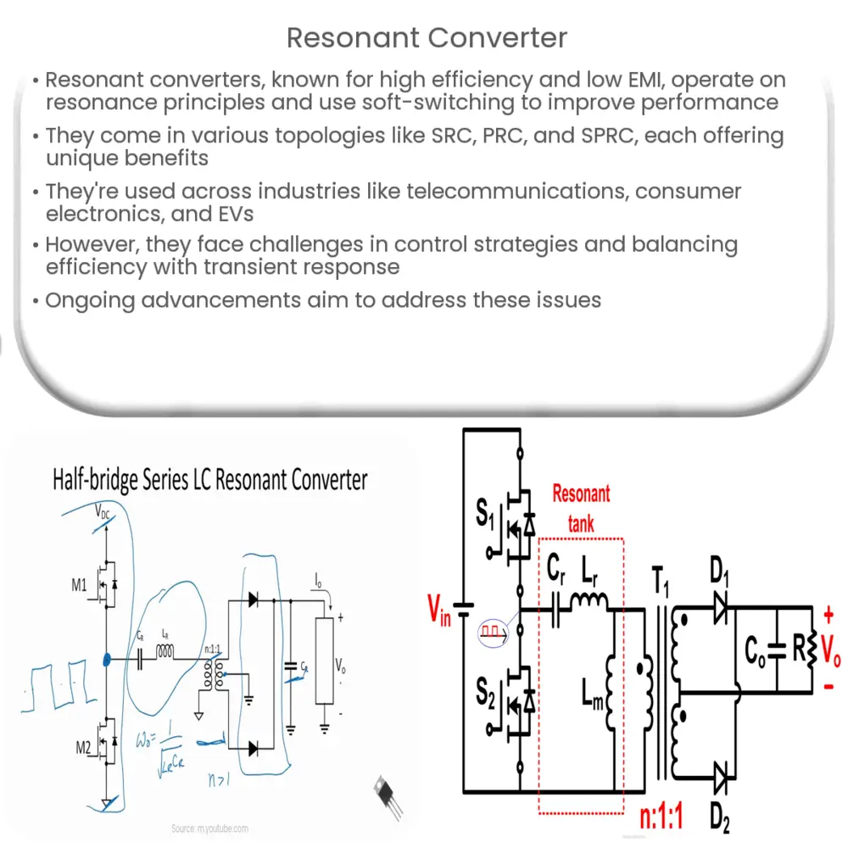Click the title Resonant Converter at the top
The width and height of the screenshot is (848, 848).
(427, 38)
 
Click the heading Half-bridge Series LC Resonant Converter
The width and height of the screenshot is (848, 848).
(210, 480)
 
